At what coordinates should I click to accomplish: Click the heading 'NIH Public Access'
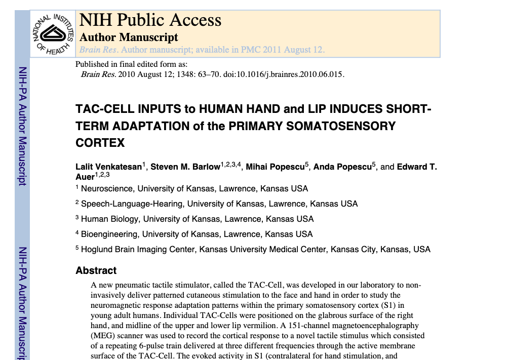tap(150, 20)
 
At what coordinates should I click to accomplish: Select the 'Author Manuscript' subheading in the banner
tap(129, 37)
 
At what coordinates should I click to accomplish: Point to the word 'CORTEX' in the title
tap(100, 143)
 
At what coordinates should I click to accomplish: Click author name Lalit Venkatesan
tap(108, 167)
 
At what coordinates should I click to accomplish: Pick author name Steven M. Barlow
tap(185, 167)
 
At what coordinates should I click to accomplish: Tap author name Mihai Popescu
tap(275, 167)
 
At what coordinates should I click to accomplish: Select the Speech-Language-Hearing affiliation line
tap(219, 204)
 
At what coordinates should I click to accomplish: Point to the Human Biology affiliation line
tap(197, 219)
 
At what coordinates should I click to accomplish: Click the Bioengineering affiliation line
tap(197, 234)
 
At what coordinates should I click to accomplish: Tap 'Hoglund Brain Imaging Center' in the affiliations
tap(138, 250)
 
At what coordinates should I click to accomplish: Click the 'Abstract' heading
tap(96, 271)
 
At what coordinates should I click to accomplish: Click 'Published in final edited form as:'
tap(131, 64)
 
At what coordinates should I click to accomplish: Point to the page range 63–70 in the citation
tap(208, 74)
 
